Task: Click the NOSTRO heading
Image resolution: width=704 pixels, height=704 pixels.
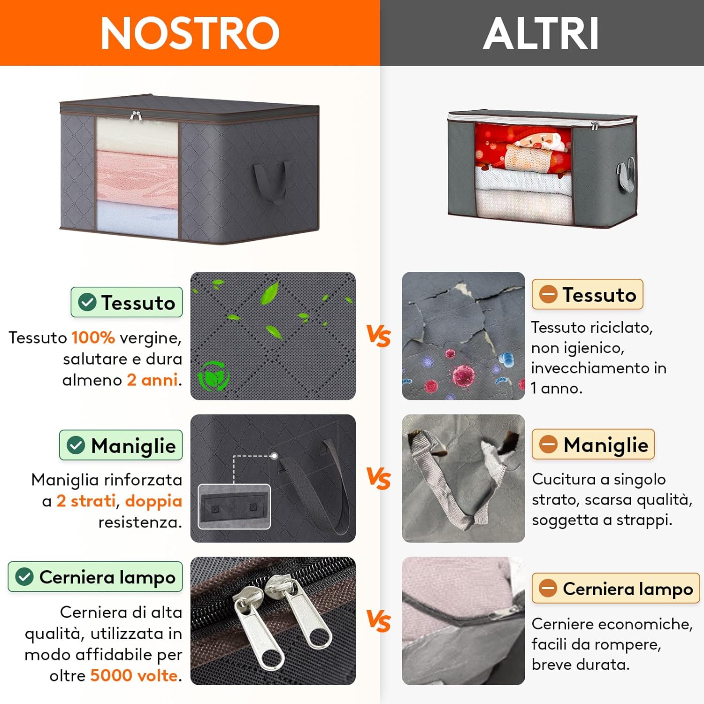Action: [190, 33]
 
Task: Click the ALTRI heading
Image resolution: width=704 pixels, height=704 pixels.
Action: [541, 33]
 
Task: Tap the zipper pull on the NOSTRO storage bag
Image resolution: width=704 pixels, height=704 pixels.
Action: [136, 115]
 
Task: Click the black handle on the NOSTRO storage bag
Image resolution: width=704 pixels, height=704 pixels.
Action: [270, 181]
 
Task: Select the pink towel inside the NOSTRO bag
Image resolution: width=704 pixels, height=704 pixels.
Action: [137, 176]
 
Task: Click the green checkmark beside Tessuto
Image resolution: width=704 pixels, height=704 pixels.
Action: [87, 302]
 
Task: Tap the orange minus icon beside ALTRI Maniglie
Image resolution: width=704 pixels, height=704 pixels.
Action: [548, 444]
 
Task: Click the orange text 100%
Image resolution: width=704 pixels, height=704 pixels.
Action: [93, 337]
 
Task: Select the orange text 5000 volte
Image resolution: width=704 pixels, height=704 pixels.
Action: [134, 675]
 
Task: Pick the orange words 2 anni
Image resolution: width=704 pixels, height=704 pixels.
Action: [152, 380]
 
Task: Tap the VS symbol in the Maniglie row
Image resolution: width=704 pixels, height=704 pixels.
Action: [379, 478]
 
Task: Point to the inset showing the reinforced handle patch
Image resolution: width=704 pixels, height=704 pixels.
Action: [234, 506]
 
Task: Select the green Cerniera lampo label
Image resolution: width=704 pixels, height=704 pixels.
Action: [95, 577]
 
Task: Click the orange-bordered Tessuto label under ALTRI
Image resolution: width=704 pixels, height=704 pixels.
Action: [587, 295]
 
